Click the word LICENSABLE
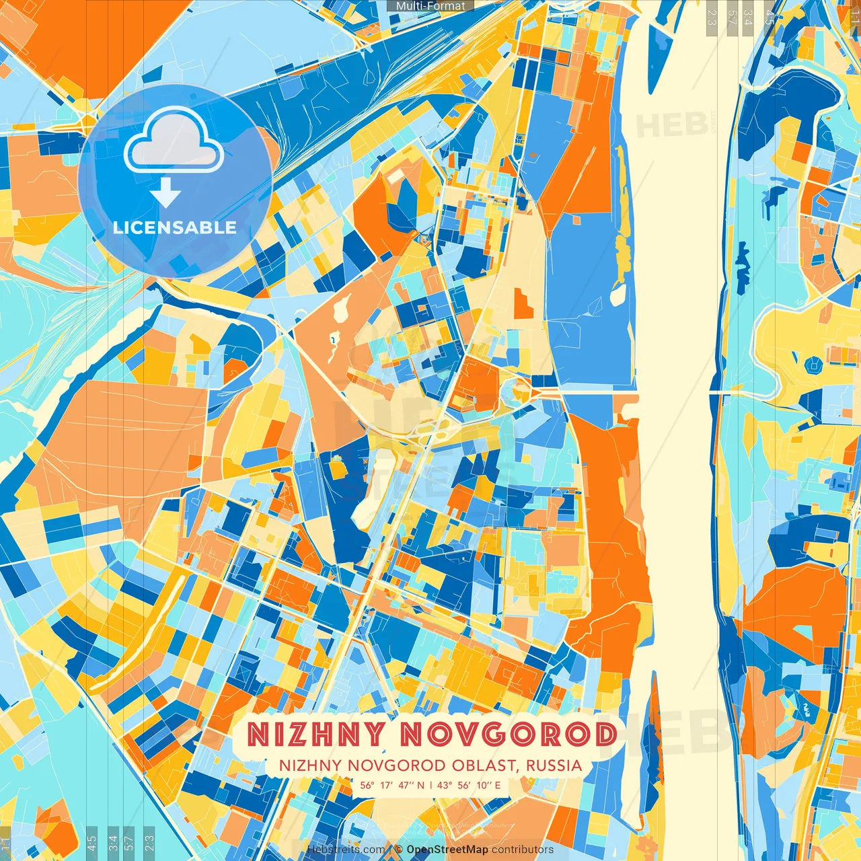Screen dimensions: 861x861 174,227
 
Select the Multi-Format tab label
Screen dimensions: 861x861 430,5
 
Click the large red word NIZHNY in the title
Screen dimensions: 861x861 315,735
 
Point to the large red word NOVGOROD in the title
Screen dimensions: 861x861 509,735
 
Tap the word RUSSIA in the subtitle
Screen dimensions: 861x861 554,765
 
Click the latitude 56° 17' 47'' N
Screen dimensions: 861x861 392,785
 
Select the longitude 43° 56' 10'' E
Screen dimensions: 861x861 470,785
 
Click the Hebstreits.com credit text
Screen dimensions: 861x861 346,850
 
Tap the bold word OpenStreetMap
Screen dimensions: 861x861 447,850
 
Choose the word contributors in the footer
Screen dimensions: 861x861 523,850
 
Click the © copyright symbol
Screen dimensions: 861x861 398,850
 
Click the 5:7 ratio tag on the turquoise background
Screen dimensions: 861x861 128,840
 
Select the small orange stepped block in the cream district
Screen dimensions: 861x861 523,303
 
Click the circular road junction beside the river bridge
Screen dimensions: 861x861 519,389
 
